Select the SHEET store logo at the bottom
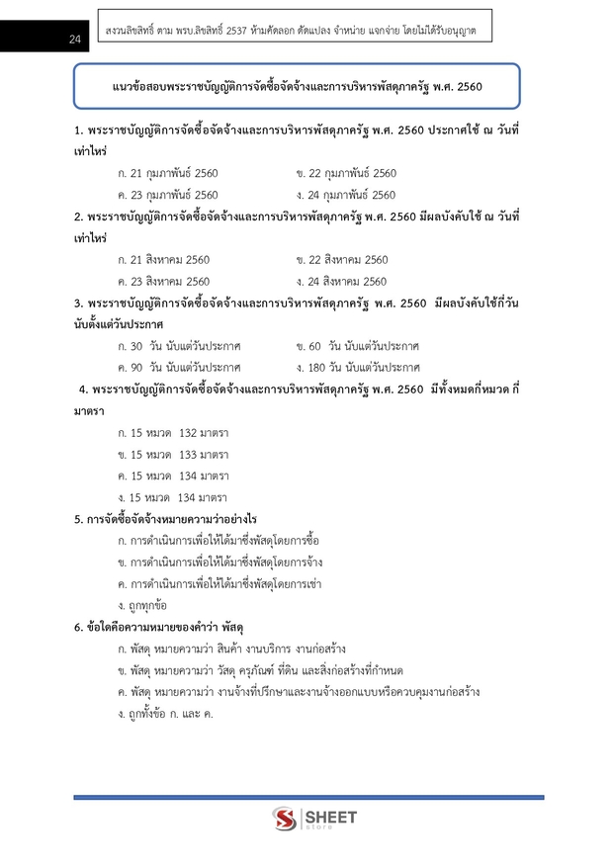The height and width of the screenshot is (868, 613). [315, 820]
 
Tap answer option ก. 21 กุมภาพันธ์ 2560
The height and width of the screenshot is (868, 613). [167, 173]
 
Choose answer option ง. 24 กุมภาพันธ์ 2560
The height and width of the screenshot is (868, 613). [346, 195]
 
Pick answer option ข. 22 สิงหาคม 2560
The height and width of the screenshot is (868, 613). [342, 260]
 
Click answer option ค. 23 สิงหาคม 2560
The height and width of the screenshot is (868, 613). [163, 282]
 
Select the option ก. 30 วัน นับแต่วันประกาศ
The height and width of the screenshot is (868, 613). [178, 346]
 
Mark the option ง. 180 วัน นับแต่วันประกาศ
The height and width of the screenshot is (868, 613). [358, 368]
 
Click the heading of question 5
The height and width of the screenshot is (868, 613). [165, 519]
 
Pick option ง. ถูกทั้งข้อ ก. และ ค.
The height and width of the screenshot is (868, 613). [165, 714]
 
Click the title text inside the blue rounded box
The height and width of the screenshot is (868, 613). [298, 87]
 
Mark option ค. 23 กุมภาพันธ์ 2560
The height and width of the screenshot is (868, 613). [167, 195]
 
